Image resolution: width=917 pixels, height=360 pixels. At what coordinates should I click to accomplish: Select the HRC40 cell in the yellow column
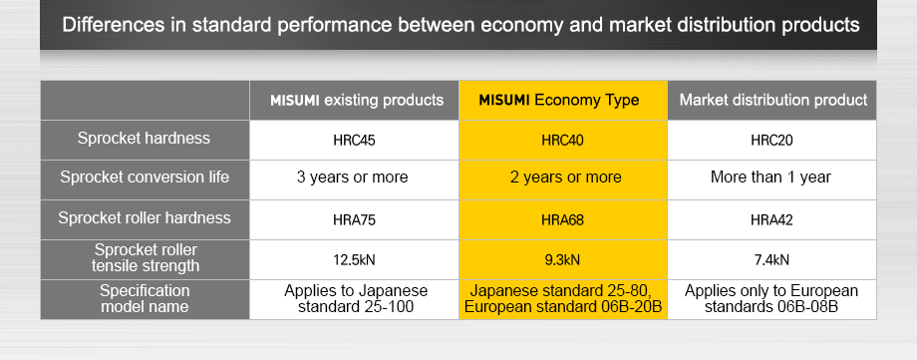click(x=562, y=141)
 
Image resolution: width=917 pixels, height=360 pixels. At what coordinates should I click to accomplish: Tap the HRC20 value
click(x=772, y=141)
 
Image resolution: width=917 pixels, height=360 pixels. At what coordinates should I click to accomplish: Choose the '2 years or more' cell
click(x=562, y=179)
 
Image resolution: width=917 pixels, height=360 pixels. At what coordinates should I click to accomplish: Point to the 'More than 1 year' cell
click(x=772, y=179)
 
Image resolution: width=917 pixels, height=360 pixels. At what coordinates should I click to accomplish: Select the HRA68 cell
click(x=562, y=218)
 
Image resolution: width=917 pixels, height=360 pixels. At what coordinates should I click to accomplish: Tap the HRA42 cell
click(x=772, y=218)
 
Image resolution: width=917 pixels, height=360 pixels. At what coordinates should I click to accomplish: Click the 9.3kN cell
click(x=562, y=259)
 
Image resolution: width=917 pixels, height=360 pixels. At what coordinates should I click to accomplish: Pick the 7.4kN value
click(x=772, y=259)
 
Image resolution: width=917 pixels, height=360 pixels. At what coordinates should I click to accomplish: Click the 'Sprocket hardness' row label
click(x=145, y=139)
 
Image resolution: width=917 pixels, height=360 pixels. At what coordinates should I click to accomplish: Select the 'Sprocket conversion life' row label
click(x=145, y=178)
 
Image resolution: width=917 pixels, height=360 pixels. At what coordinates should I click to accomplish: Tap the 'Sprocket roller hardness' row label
click(x=145, y=217)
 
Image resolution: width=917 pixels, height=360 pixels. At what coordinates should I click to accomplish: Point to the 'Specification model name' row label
click(x=145, y=298)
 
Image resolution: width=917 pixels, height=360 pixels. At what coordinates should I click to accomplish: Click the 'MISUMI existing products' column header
click(x=356, y=100)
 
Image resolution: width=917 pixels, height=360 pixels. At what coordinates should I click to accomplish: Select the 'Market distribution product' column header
click(x=772, y=100)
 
